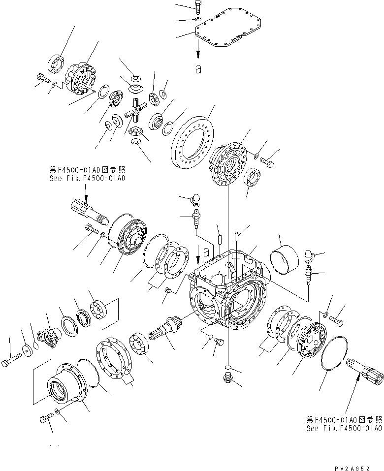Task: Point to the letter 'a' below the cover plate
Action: tap(198, 69)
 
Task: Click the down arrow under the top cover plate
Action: tap(198, 49)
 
